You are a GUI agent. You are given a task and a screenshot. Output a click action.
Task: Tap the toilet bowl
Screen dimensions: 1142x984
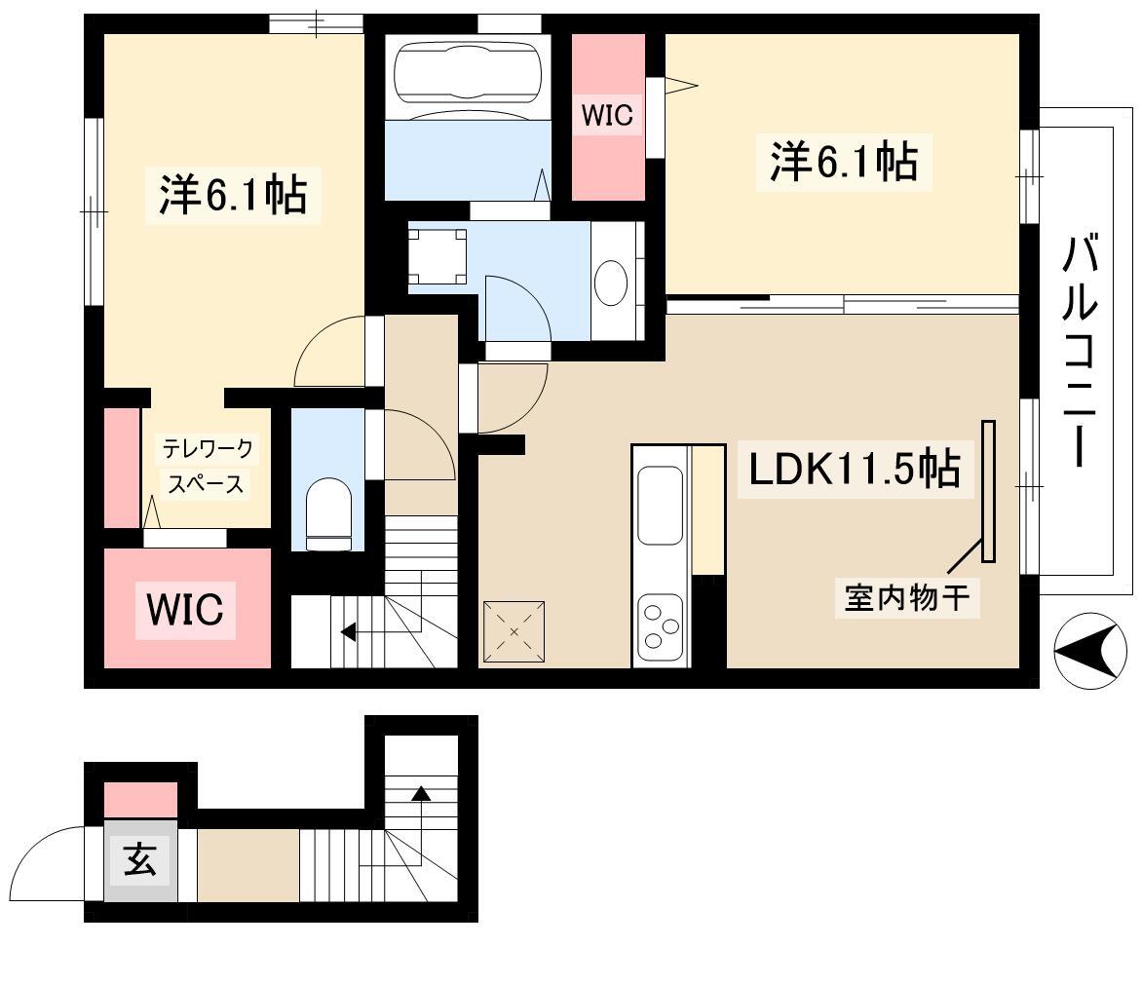click(328, 514)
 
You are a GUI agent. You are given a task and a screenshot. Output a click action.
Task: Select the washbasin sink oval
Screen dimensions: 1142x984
click(611, 283)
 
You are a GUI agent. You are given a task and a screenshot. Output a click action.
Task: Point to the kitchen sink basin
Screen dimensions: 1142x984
click(660, 507)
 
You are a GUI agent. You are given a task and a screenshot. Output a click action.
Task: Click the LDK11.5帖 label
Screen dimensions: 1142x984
click(855, 469)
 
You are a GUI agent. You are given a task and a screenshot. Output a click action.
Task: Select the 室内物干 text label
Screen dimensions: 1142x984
click(907, 597)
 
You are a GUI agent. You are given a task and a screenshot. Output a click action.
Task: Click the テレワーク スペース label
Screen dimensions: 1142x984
click(207, 466)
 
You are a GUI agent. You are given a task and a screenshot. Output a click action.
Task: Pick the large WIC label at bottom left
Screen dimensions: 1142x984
click(185, 610)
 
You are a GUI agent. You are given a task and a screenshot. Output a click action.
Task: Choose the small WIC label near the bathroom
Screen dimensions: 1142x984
click(607, 115)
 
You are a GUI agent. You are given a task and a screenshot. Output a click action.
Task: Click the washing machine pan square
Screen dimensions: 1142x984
click(437, 256)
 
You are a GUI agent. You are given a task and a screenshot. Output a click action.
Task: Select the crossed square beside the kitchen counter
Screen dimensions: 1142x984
click(514, 631)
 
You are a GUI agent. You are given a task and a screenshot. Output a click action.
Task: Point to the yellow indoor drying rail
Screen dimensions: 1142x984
click(988, 492)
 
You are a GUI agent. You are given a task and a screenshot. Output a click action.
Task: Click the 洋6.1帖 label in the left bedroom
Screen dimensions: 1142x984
click(233, 195)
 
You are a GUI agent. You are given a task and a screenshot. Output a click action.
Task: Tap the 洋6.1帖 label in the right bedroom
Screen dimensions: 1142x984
click(844, 161)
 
